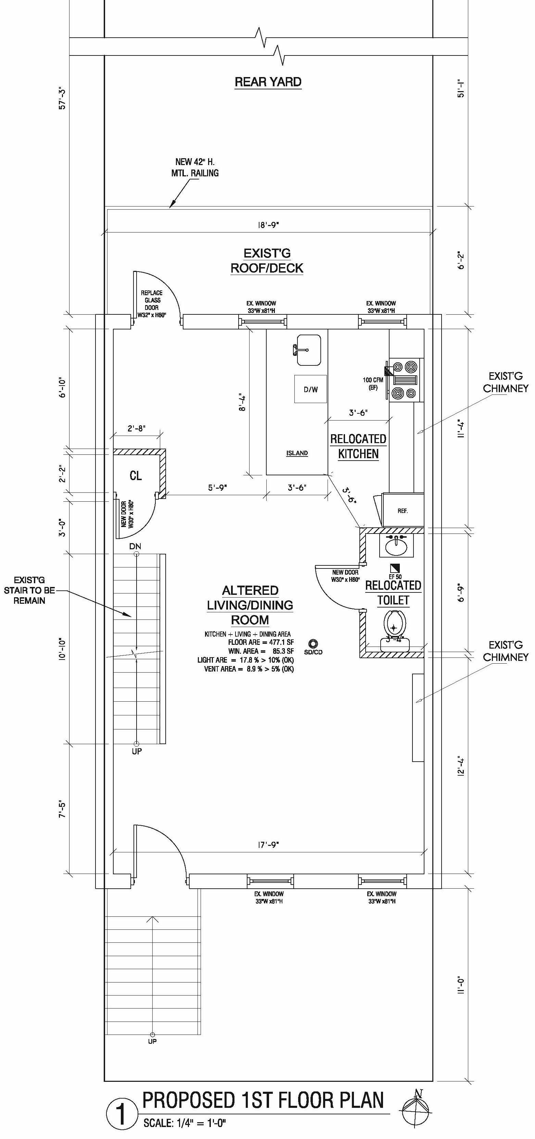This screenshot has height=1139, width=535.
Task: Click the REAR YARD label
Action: (268, 82)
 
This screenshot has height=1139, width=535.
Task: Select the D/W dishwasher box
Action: (310, 389)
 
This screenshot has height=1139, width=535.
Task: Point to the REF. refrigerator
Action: (403, 510)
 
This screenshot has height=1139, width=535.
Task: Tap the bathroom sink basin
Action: (396, 545)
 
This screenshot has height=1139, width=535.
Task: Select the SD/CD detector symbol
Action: (313, 643)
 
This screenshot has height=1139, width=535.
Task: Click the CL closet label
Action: (136, 475)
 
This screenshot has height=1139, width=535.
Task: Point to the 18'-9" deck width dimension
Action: (268, 225)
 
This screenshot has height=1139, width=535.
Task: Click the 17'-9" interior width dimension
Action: (268, 845)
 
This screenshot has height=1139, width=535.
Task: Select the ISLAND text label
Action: (297, 453)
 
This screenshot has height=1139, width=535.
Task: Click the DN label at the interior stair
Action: (135, 547)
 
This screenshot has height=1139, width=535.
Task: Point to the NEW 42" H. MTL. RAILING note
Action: (195, 167)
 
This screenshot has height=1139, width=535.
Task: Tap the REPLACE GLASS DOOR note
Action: (152, 304)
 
